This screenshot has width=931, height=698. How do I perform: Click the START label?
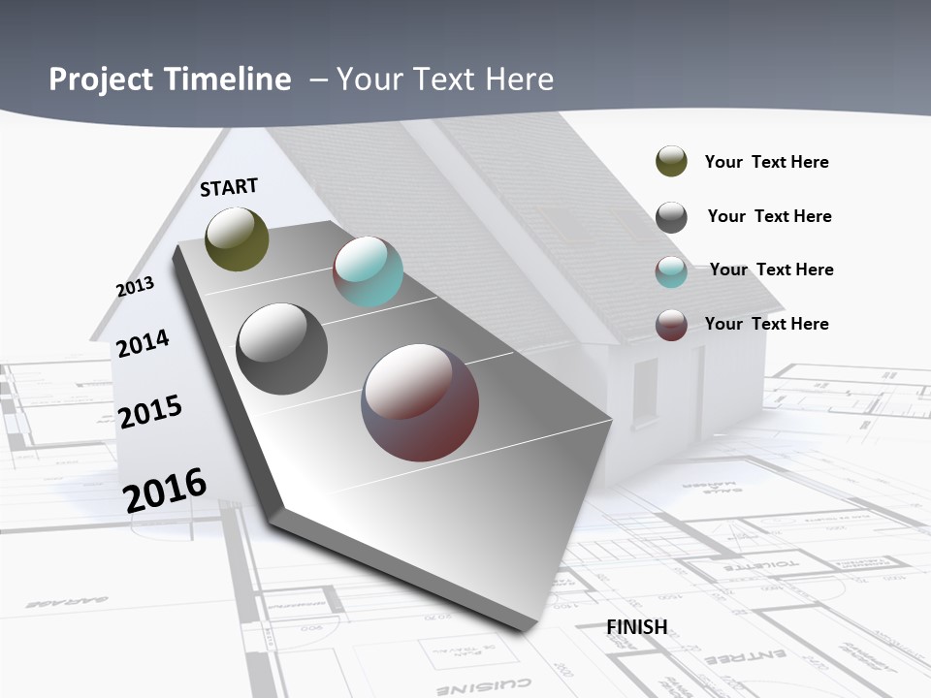(229, 186)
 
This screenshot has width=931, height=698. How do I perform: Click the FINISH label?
(636, 627)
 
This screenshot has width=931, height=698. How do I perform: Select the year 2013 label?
(135, 287)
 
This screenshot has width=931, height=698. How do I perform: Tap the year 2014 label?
(143, 343)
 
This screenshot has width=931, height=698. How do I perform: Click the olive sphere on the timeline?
(237, 238)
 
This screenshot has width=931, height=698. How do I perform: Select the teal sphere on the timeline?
(368, 271)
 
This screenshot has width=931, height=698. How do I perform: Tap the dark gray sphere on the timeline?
(281, 348)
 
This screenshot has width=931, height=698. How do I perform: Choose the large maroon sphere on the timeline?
(420, 402)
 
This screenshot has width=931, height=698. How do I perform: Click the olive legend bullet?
(671, 162)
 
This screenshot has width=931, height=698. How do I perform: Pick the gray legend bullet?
(671, 217)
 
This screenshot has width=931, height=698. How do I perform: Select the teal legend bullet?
(671, 271)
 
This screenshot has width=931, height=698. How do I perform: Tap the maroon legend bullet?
(671, 325)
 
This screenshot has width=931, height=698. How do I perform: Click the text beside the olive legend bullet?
(766, 163)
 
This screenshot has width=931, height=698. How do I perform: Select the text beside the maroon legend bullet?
(766, 324)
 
